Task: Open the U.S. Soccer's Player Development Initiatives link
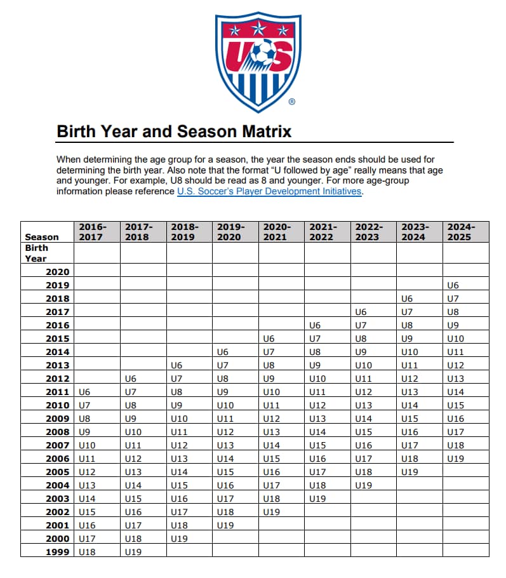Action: [270, 191]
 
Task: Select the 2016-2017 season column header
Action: [93, 231]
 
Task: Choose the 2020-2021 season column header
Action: [277, 231]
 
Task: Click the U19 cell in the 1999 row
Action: [133, 552]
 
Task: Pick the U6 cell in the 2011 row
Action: [84, 392]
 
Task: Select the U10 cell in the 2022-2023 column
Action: [364, 365]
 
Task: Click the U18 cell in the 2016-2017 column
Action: [87, 552]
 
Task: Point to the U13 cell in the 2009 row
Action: [317, 419]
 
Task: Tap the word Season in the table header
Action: [42, 237]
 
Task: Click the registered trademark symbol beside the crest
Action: [291, 102]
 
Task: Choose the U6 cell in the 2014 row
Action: [222, 352]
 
